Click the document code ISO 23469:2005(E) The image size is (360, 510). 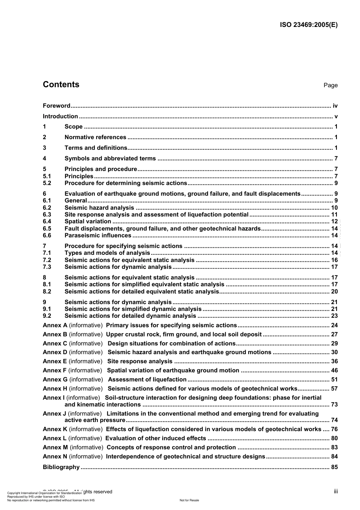pyautogui.click(x=308, y=25)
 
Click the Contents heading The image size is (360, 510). pyautogui.click(x=61, y=85)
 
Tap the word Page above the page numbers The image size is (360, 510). pyautogui.click(x=330, y=85)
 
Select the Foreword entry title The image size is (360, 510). pyautogui.click(x=56, y=106)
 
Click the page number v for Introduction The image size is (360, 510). pyautogui.click(x=336, y=116)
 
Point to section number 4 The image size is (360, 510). pyautogui.click(x=44, y=158)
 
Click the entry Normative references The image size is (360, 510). pyautogui.click(x=95, y=137)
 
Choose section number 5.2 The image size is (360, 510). pyautogui.click(x=47, y=183)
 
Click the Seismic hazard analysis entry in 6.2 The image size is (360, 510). pyautogui.click(x=99, y=208)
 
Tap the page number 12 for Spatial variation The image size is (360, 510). pyautogui.click(x=334, y=221)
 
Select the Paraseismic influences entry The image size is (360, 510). pyautogui.click(x=98, y=235)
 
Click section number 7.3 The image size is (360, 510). pyautogui.click(x=47, y=267)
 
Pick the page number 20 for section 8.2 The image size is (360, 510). pyautogui.click(x=334, y=292)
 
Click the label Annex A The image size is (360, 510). pyautogui.click(x=55, y=325)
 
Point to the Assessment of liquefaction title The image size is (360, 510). pyautogui.click(x=147, y=380)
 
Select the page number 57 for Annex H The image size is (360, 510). pyautogui.click(x=334, y=389)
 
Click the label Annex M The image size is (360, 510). pyautogui.click(x=55, y=447)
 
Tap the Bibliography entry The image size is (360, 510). pyautogui.click(x=61, y=467)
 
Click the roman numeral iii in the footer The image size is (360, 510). pyautogui.click(x=336, y=491)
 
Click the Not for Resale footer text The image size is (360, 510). pyautogui.click(x=189, y=500)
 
